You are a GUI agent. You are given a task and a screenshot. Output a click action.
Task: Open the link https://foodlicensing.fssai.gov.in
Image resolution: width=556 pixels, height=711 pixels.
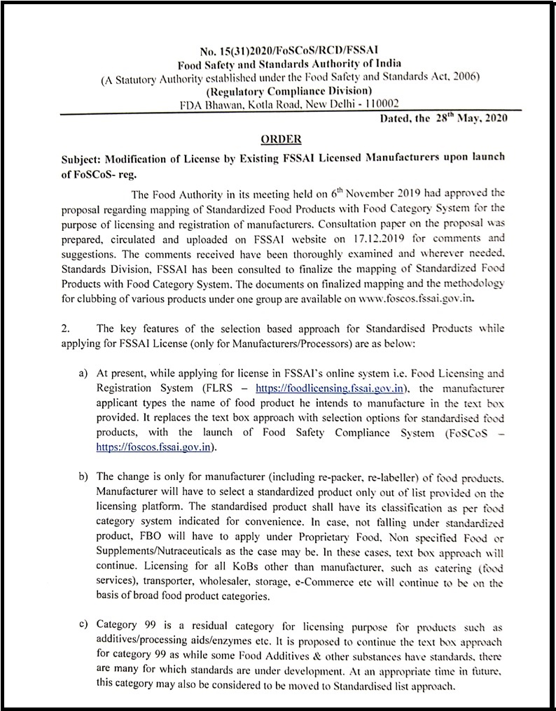[x=330, y=388]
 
